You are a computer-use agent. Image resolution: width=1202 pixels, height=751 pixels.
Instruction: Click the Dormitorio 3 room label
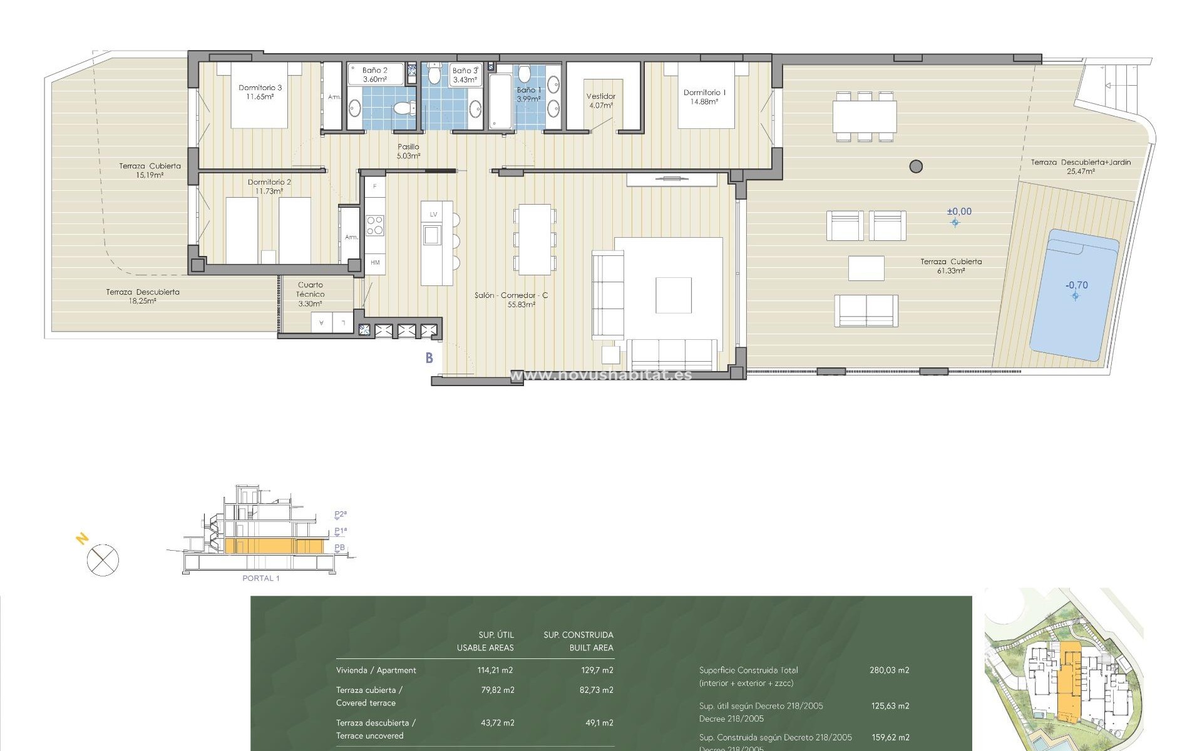(260, 92)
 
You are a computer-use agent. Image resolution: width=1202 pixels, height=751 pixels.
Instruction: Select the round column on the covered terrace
(916, 166)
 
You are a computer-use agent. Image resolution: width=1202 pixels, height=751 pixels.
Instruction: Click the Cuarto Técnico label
(311, 294)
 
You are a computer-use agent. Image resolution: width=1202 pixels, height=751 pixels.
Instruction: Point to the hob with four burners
(375, 225)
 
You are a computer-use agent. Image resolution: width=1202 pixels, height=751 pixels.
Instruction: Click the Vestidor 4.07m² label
(600, 101)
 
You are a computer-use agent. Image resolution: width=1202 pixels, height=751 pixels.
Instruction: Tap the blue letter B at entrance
(429, 358)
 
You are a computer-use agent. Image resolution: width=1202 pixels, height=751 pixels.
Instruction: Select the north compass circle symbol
(103, 559)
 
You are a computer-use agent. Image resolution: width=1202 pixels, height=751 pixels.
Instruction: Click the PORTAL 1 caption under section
(261, 578)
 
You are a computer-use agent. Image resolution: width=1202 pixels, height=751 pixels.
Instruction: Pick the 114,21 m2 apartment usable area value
(495, 670)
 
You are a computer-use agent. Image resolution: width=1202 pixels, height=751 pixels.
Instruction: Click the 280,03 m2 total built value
(889, 670)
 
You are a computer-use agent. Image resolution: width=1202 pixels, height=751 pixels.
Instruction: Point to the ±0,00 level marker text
(959, 212)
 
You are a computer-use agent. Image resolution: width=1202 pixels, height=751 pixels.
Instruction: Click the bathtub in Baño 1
(500, 102)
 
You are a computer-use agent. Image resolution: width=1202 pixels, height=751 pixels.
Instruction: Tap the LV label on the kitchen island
(433, 215)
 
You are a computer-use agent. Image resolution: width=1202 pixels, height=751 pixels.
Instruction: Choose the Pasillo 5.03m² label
(408, 151)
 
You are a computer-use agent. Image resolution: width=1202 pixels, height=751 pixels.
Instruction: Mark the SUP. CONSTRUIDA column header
(578, 635)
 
